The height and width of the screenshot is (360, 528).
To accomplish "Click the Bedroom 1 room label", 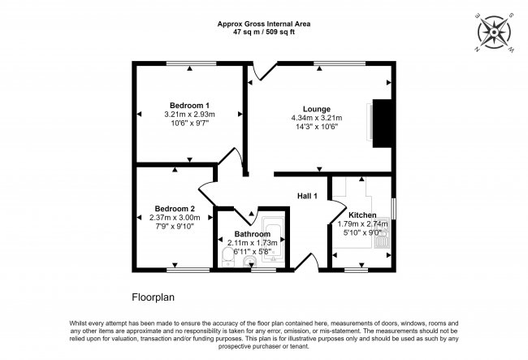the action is [189, 105].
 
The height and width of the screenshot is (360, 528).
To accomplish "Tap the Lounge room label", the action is [317, 109].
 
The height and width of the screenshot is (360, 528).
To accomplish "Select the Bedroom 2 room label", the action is [175, 209].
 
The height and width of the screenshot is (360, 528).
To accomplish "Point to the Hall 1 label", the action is [307, 196].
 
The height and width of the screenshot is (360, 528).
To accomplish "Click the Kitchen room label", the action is [362, 215].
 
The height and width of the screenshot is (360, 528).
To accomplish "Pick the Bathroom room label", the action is [252, 234].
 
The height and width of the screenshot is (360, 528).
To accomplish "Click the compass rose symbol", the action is [494, 33].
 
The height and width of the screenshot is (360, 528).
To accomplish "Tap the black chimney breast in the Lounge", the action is [383, 124].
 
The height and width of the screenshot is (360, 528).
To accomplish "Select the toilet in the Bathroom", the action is [227, 257].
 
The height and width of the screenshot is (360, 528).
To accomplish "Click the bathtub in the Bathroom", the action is [273, 240].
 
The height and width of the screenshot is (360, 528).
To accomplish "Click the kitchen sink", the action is [382, 233].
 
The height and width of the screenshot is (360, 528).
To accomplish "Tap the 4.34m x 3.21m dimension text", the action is [317, 118].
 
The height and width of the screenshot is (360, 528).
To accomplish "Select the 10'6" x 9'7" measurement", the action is [190, 124].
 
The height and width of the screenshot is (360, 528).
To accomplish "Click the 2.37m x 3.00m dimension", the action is [175, 218].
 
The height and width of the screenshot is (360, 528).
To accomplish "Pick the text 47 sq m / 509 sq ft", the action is [264, 33].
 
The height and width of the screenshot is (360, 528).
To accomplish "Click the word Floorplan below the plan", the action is [154, 297].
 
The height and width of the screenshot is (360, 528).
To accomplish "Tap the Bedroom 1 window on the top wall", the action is [191, 63].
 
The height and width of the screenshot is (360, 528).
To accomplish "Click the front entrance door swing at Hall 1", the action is [307, 262].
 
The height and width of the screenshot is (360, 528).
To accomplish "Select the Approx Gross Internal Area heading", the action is [264, 24].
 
